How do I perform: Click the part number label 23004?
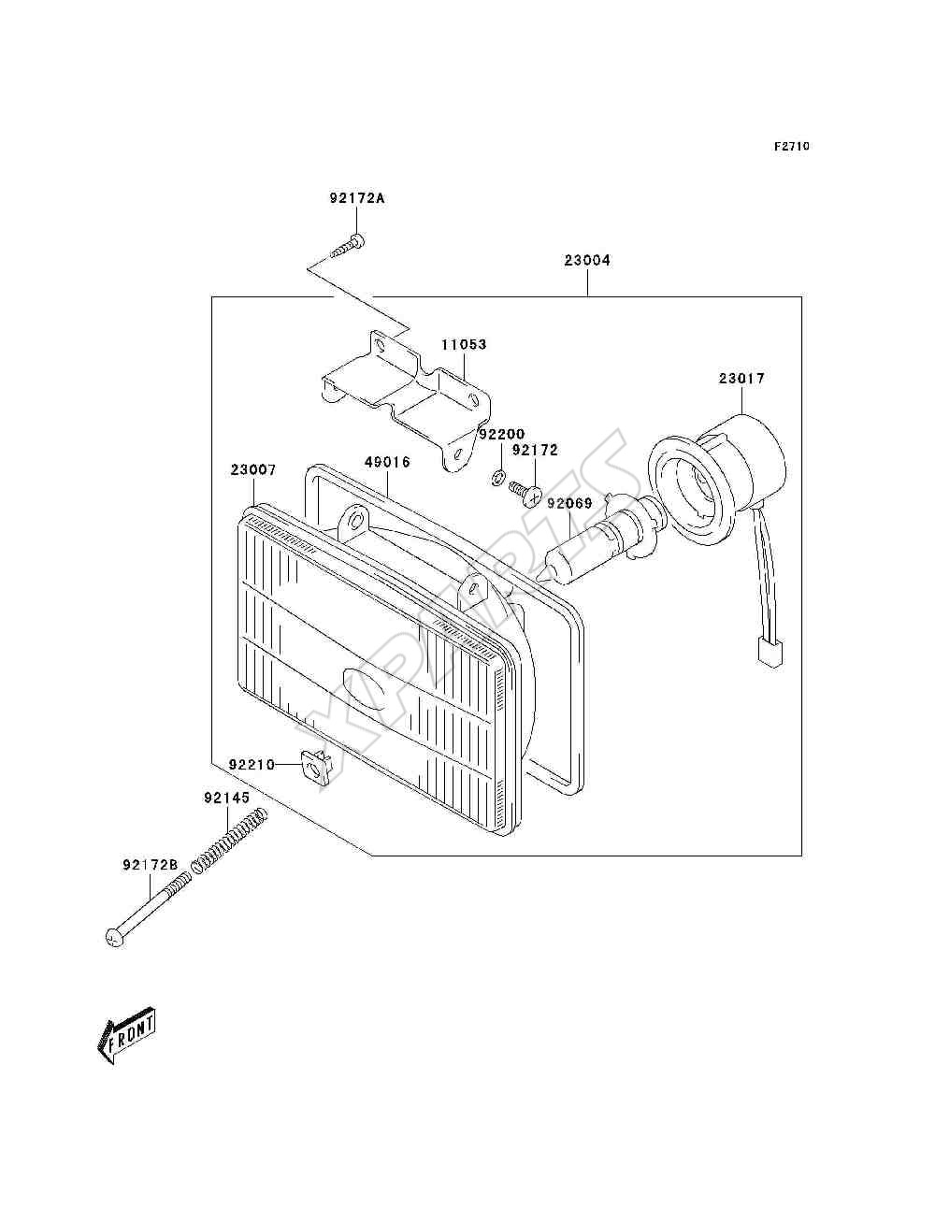587,260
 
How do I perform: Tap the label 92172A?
357,198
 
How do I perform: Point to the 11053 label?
464,344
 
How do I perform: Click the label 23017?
741,379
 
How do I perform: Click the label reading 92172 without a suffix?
535,450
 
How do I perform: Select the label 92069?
569,503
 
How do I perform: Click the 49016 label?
387,462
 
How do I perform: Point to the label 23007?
253,469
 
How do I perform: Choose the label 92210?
252,765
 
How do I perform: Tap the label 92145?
227,799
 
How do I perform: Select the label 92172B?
151,865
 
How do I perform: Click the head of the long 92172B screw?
114,938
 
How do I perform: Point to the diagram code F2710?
792,147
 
